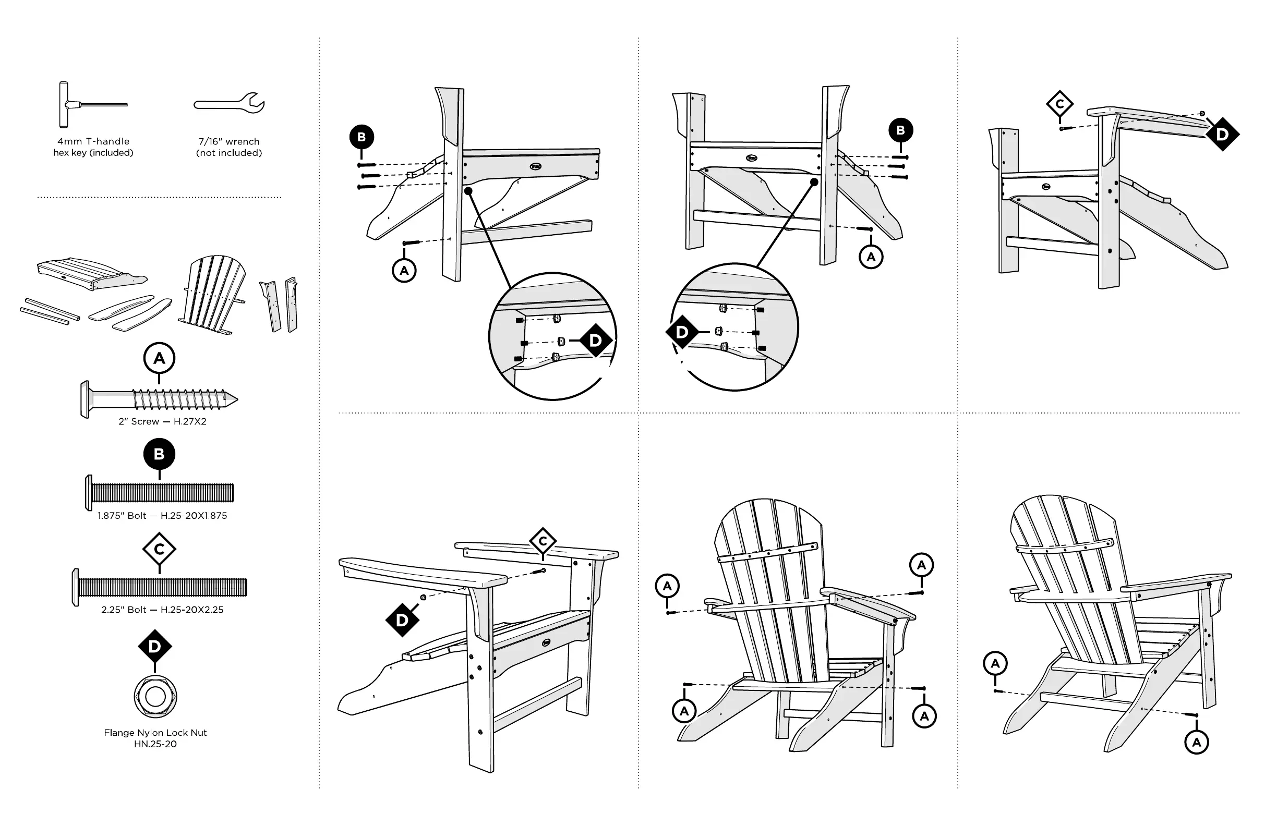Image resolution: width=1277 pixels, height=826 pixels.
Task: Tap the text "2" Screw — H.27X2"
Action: pyautogui.click(x=163, y=421)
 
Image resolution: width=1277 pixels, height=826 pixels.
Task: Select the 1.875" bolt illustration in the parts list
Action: pyautogui.click(x=159, y=492)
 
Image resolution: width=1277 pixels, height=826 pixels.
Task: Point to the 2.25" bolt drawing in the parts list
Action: pyautogui.click(x=159, y=587)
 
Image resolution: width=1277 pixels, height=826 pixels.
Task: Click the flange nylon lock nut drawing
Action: pyautogui.click(x=155, y=697)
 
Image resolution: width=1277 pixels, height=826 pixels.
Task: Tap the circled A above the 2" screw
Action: pyautogui.click(x=159, y=358)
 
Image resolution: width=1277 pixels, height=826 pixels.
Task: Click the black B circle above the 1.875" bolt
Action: pyautogui.click(x=159, y=454)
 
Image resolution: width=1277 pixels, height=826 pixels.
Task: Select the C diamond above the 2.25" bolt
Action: pyautogui.click(x=159, y=549)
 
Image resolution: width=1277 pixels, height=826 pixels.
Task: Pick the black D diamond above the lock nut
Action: pyautogui.click(x=154, y=646)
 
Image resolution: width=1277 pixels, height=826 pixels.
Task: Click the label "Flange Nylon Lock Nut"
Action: pyautogui.click(x=155, y=733)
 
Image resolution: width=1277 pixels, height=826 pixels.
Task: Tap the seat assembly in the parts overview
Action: pyautogui.click(x=91, y=274)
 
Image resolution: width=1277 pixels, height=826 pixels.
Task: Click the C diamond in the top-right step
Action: pyautogui.click(x=1059, y=104)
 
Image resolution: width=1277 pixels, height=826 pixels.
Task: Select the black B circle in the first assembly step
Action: pyautogui.click(x=362, y=137)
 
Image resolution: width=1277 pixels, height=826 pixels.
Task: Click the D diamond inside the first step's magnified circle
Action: pyautogui.click(x=595, y=341)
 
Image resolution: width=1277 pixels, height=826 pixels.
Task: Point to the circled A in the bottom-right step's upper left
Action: pyautogui.click(x=995, y=663)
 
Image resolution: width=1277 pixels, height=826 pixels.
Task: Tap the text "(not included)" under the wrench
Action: pyautogui.click(x=229, y=153)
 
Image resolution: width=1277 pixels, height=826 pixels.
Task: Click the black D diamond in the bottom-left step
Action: pyautogui.click(x=402, y=620)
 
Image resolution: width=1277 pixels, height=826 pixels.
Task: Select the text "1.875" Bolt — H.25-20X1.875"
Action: pyautogui.click(x=162, y=516)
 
